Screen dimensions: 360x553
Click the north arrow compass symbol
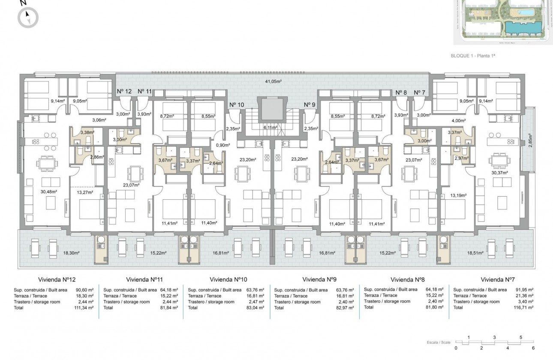28,18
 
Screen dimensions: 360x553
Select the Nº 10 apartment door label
237,105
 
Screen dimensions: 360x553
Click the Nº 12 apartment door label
124,91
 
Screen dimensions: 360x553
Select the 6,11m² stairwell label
272,127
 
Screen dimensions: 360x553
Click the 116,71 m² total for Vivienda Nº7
523,308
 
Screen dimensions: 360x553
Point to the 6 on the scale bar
533,348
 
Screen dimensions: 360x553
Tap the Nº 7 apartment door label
420,92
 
